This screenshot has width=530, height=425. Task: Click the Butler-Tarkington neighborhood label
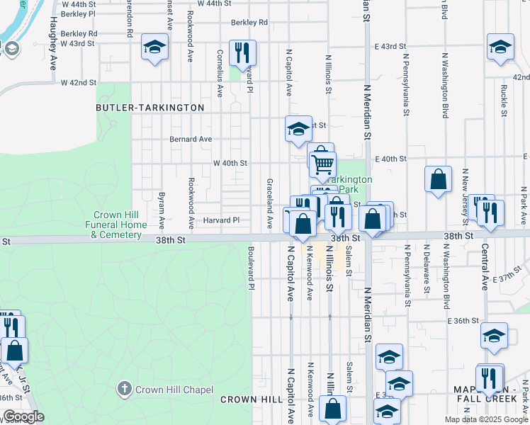[x=150, y=108]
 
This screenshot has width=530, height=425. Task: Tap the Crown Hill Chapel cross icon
[x=124, y=389]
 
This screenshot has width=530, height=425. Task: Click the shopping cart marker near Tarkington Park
[x=323, y=164]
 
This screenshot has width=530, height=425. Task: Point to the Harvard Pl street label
[x=222, y=220]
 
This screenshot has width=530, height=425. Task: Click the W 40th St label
[x=230, y=163]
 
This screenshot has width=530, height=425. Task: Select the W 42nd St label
[x=78, y=83]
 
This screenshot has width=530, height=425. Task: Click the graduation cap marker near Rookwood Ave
[x=154, y=48]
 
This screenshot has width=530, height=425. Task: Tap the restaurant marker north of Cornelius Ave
[x=242, y=53]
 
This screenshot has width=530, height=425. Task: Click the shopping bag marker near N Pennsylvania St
[x=439, y=179]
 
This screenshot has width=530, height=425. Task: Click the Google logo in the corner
[x=23, y=416]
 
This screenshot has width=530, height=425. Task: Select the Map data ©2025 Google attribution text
[x=485, y=419]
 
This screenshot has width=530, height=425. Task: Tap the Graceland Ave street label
[x=269, y=203]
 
